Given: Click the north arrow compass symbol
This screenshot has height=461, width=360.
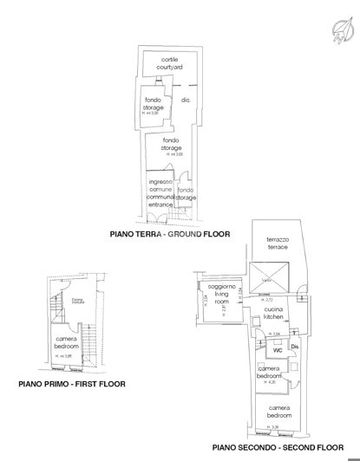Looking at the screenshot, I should (x=340, y=31).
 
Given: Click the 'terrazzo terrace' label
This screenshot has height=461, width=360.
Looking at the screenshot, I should (x=275, y=243).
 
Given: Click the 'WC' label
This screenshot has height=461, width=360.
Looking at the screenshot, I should (x=278, y=351).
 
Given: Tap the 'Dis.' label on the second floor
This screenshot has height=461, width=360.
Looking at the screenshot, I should (x=295, y=348).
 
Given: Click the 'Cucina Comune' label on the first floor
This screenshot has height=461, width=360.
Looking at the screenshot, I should (x=76, y=301).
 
